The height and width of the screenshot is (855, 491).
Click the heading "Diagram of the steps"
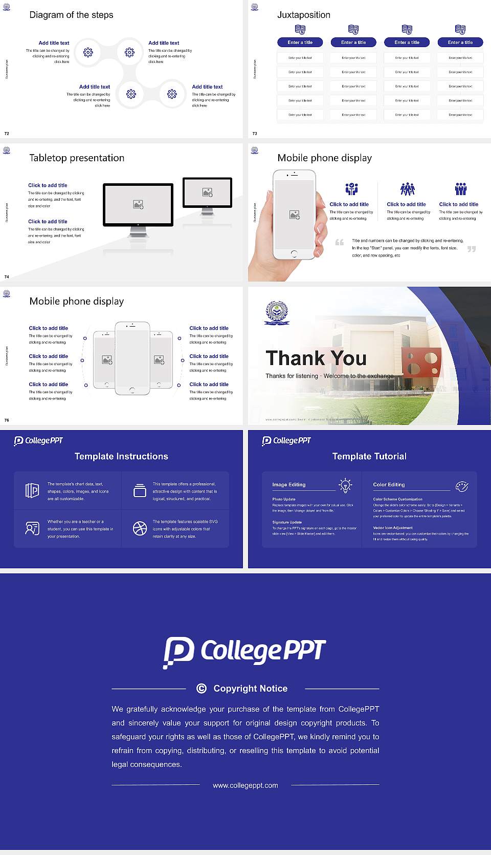71,15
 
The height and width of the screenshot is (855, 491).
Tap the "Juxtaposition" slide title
303,15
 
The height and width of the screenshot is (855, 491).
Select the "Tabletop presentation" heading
77,158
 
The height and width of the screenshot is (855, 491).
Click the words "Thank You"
316,358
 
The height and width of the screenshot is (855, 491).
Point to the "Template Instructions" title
121,456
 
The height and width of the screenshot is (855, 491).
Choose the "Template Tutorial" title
369,456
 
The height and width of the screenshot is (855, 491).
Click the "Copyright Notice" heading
250,689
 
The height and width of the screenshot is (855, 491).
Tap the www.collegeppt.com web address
245,785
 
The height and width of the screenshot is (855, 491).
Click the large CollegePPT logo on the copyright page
244,652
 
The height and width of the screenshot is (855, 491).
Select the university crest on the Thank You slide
277,313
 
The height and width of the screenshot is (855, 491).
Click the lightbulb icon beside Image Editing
345,485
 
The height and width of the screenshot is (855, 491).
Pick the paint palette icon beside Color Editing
462,486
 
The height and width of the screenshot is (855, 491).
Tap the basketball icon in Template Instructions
140,528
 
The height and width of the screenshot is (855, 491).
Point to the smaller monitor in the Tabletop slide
207,193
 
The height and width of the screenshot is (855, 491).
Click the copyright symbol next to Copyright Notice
202,689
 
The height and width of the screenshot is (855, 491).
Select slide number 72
7,134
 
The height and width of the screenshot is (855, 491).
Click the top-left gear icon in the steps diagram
88,52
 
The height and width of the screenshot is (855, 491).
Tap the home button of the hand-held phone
294,253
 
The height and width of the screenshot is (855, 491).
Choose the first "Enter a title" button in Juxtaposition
300,42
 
